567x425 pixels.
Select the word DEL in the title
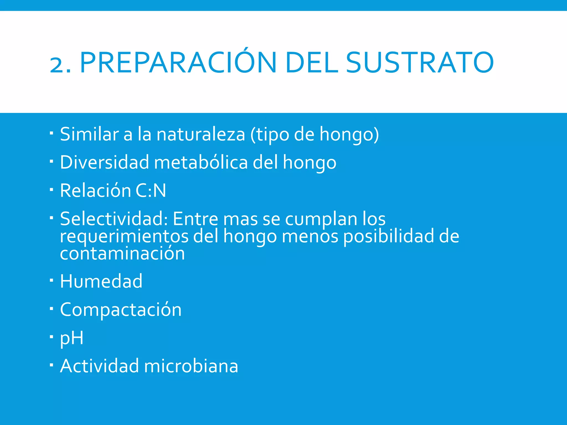[311, 63]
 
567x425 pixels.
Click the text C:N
[151, 191]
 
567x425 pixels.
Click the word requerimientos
[124, 237]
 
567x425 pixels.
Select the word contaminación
[122, 253]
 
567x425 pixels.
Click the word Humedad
[101, 281]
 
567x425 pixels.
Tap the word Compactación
[121, 310]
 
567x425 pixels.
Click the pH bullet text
[71, 338]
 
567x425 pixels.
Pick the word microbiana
[191, 366]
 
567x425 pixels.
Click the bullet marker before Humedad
[51, 281]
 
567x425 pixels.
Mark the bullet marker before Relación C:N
[51, 190]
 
